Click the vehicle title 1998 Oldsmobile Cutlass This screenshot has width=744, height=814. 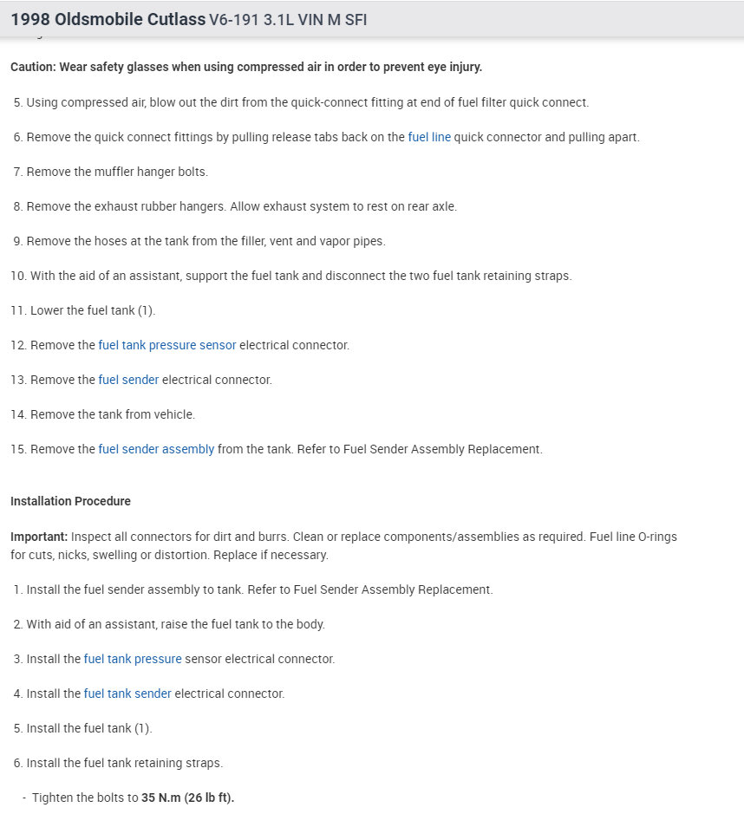coord(108,19)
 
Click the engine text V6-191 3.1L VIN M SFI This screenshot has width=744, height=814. coord(288,19)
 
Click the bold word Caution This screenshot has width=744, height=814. coord(32,67)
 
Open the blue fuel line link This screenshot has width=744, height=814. coord(429,137)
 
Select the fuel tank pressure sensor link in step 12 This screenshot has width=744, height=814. coord(167,345)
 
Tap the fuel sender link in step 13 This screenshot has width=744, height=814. coord(128,380)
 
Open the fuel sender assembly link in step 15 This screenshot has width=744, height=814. coord(156,449)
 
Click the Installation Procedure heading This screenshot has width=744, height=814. coord(70,501)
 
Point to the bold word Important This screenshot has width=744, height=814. coord(39,537)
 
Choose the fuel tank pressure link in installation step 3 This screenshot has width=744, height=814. coord(133,659)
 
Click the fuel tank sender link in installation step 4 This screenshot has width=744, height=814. coord(127,694)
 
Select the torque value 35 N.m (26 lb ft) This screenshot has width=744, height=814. coord(187,798)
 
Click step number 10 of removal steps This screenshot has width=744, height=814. coord(18,276)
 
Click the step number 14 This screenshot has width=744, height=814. coord(18,414)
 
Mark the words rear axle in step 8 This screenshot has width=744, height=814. coord(430,206)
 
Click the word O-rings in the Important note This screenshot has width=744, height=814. coord(657,537)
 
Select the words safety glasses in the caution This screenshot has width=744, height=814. coord(121,67)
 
